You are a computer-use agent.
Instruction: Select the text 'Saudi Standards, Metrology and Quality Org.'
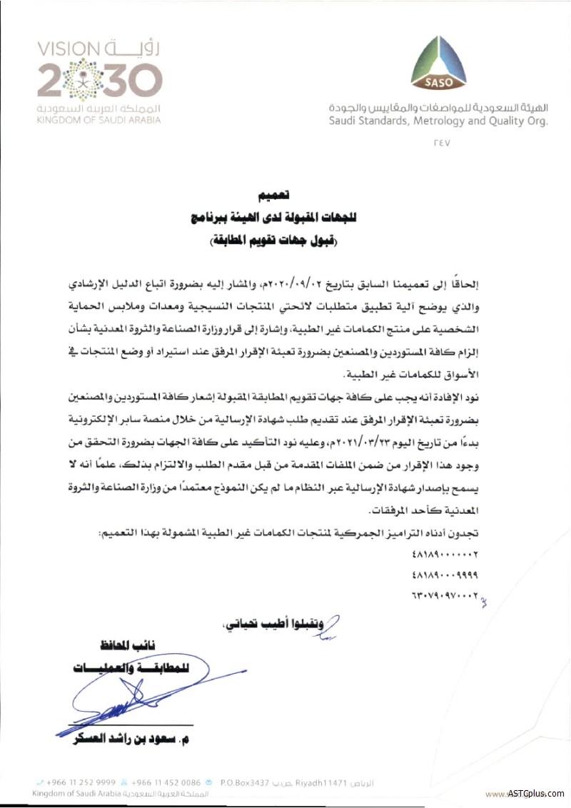[x=438, y=121]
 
